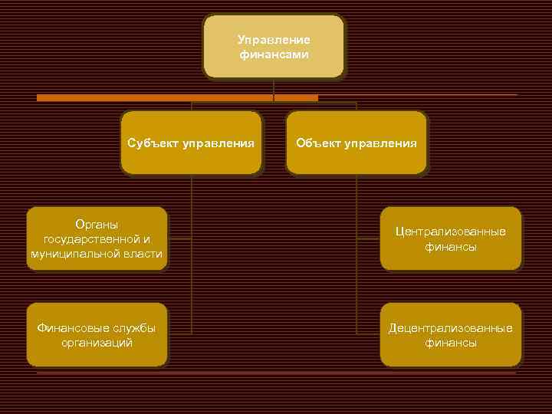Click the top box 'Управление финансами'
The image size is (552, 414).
pos(274,46)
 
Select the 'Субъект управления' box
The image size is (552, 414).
pos(191,143)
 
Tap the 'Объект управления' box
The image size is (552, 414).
pos(356,143)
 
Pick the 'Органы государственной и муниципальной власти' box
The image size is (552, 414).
pos(97,238)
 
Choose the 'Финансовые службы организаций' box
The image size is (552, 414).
pos(97,335)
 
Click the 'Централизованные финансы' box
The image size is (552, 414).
pos(451,238)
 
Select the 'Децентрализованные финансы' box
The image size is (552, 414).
pos(451,335)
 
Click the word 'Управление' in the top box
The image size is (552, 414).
pos(274,39)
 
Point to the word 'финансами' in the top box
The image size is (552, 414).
pos(274,54)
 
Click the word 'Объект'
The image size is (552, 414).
pos(316,143)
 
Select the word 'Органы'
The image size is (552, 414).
pos(97,224)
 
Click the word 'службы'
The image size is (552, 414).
pos(132,328)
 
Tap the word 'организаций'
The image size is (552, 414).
pos(97,343)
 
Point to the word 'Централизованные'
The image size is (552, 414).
pos(451,232)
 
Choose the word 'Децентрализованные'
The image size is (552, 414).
pos(451,328)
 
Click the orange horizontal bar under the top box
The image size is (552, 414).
pos(176,98)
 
